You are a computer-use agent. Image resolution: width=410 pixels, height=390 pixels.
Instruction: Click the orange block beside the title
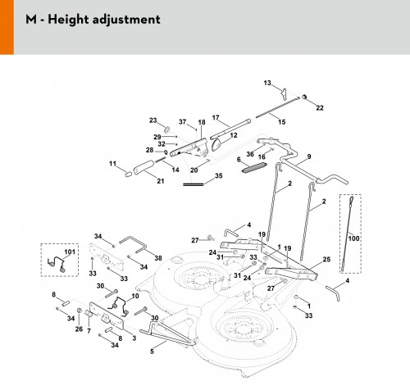tap(7, 27)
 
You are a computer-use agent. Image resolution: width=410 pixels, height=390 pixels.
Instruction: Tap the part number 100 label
tap(353, 238)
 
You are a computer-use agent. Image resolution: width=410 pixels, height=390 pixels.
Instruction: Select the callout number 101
tap(70, 252)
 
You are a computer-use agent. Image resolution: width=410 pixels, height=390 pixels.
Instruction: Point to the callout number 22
tap(320, 108)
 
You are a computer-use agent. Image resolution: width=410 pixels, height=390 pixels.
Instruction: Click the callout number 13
tap(267, 83)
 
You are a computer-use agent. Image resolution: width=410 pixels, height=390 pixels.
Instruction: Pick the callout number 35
tap(219, 175)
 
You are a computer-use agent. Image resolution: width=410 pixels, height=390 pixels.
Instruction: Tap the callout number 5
tap(152, 351)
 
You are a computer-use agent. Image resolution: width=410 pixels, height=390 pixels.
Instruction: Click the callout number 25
tap(326, 259)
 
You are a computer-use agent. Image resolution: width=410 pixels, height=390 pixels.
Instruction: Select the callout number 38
tap(158, 258)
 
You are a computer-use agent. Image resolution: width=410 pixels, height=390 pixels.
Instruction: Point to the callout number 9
tap(309, 156)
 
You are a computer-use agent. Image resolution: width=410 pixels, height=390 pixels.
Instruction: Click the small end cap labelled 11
tap(129, 174)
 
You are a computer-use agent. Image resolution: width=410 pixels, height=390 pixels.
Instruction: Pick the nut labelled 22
tap(304, 97)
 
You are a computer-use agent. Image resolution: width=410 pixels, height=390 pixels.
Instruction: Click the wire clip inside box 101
tap(57, 264)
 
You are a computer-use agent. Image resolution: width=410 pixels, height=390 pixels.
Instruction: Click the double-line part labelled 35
tap(194, 184)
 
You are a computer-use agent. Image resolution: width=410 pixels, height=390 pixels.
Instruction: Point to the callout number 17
tap(216, 118)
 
